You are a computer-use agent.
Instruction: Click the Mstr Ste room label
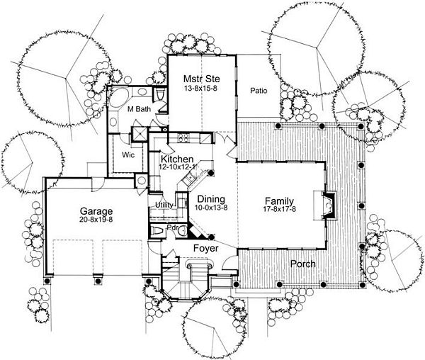[201, 79]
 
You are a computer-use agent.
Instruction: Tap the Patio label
[259, 91]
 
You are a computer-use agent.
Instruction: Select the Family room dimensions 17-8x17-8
[279, 209]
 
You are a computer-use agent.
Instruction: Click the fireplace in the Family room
[329, 206]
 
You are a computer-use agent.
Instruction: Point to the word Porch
[302, 264]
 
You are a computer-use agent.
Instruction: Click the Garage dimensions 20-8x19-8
[96, 219]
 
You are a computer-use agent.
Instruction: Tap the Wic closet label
[128, 155]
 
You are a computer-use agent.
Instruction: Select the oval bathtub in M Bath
[119, 97]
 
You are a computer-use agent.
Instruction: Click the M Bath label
[139, 109]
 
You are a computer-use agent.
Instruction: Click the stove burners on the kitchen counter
[183, 138]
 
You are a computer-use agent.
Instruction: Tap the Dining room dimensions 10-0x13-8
[211, 208]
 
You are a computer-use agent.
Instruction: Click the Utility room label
[164, 205]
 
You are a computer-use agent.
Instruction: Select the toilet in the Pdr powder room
[157, 231]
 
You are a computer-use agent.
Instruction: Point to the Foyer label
[205, 248]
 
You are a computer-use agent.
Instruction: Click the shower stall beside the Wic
[140, 134]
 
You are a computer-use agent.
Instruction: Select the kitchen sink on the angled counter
[190, 178]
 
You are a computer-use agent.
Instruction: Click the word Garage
[96, 211]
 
